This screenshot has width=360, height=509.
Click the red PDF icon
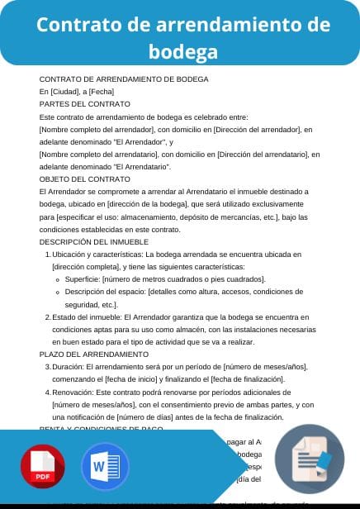pos(42,467)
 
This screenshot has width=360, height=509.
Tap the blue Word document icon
pos(105,467)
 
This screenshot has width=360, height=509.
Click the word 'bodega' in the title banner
pos(183,52)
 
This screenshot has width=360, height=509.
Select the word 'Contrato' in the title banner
pos(77,25)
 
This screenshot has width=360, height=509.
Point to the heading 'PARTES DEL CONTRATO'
pos(85,104)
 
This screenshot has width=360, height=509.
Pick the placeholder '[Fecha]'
pos(102,92)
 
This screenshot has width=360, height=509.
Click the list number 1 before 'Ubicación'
pos(45,254)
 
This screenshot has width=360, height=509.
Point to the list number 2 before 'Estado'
pos(45,316)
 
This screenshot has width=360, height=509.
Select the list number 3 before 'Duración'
pos(45,366)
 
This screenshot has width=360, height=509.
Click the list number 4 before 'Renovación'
pos(45,392)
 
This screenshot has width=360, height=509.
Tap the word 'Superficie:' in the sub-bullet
pos(86,279)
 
